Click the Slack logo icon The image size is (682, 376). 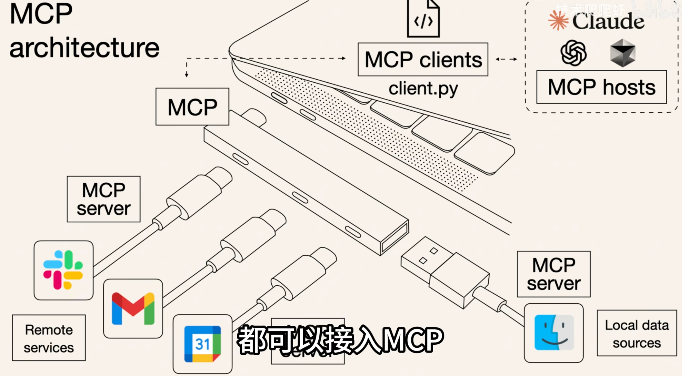[x=63, y=270]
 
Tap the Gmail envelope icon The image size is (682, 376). [x=133, y=308]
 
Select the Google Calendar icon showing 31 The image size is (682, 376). [x=203, y=344]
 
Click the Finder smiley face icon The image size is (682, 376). [x=554, y=332]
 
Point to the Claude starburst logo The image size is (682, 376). [x=558, y=20]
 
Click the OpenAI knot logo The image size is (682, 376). [x=573, y=53]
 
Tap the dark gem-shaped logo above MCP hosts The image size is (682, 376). [x=623, y=53]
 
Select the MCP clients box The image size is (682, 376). [x=423, y=59]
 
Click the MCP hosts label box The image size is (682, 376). [x=601, y=87]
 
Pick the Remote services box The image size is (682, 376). [x=49, y=338]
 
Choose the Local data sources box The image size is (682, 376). [x=637, y=333]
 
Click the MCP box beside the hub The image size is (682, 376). [x=192, y=107]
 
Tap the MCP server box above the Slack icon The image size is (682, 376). [x=104, y=199]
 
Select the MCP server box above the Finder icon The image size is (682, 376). [x=554, y=274]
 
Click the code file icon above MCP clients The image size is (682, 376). [x=423, y=19]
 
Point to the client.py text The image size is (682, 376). [x=423, y=89]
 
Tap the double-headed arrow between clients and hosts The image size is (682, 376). [x=506, y=59]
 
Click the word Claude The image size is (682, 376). [x=608, y=21]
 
